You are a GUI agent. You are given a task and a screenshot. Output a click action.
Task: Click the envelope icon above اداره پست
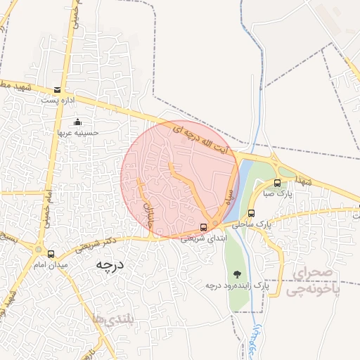pos(57,90)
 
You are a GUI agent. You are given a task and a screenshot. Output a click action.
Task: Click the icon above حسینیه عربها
pos(77,121)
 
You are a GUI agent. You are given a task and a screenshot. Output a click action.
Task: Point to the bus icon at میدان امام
pos(50,253)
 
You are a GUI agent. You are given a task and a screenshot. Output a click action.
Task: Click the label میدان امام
pos(50,264)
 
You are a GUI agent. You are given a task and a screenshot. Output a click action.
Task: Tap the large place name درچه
pos(110,266)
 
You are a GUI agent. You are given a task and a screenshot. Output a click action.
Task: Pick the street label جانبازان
pos(148,211)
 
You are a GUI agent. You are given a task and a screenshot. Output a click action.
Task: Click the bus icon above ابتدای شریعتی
pos(204,227)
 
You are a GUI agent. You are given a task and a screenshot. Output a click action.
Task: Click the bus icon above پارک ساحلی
pos(251,213)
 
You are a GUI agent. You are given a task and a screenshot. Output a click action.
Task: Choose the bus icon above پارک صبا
pos(276,183)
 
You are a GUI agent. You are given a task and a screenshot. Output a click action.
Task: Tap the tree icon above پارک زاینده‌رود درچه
pos(236,274)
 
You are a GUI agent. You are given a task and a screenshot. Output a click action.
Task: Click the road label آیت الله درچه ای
pos(211,141)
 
